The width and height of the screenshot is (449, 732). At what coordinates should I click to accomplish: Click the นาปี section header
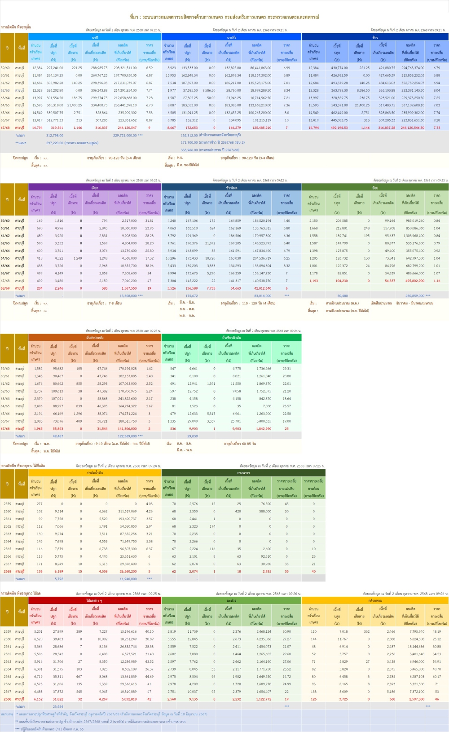point(95,38)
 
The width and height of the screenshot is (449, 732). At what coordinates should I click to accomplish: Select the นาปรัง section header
point(231,38)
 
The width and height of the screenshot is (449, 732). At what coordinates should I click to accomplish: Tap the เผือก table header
point(95,188)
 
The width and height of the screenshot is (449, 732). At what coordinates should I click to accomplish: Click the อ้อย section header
point(375,188)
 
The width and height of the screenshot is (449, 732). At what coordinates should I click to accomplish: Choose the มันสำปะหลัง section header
point(95,337)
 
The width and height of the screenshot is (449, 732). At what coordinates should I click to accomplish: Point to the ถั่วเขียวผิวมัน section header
point(231,337)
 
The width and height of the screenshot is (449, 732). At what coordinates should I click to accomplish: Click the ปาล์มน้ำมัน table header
point(95,473)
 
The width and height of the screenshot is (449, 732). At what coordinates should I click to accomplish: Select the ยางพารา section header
point(243,473)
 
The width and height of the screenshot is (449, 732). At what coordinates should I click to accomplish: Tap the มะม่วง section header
point(231,600)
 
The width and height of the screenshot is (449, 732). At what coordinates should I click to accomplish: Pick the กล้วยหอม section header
point(375,600)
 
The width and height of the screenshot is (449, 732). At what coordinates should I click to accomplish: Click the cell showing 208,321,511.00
point(125,68)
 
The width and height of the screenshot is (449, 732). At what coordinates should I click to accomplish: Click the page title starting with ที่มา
point(224,17)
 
